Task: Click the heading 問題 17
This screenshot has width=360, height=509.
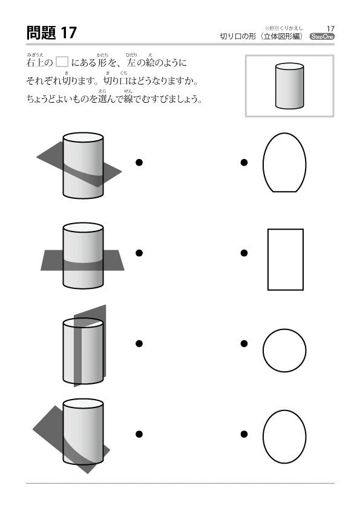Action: (51, 33)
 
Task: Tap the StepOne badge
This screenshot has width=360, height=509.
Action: (322, 37)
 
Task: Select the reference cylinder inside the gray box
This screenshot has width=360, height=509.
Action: (289, 86)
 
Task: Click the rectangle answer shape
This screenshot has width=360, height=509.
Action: (285, 259)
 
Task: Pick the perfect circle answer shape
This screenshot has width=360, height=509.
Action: (284, 350)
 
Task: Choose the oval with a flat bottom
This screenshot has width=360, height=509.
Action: (284, 162)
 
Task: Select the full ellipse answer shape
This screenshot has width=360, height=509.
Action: (284, 436)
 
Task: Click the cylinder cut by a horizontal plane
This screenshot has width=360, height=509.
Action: (83, 256)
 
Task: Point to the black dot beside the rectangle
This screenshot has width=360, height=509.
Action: (244, 253)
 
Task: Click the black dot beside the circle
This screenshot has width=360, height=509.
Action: (244, 343)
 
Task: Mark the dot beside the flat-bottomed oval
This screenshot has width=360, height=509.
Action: (244, 162)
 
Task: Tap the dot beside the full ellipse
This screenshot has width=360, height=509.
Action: (244, 434)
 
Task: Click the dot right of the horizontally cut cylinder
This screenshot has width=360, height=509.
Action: (139, 253)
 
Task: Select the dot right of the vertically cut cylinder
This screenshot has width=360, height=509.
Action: (139, 343)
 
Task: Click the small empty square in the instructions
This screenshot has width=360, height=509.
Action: (62, 62)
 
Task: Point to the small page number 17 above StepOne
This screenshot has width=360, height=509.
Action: (330, 29)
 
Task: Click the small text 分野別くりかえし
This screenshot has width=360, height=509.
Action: (284, 28)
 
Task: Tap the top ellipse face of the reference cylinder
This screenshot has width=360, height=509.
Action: (289, 67)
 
